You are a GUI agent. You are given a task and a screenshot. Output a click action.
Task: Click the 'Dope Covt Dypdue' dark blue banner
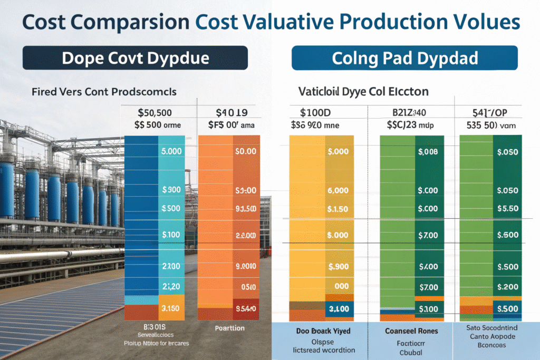[135, 58]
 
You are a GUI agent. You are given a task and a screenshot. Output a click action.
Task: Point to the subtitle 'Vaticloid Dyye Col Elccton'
[363, 92]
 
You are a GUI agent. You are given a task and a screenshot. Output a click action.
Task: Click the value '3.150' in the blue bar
[170, 308]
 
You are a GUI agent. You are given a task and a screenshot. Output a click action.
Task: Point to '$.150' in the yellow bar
[337, 209]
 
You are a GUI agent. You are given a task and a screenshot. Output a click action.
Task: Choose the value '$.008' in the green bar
[428, 152]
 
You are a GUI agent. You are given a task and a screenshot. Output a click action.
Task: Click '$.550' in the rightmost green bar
[508, 209]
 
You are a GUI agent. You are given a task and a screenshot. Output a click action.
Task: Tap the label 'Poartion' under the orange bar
[230, 328]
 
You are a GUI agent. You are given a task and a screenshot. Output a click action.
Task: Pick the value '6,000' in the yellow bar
[337, 191]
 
